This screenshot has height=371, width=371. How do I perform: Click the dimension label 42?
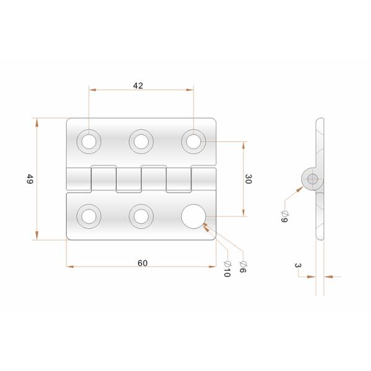(x=138, y=86)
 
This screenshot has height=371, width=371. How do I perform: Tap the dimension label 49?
(x=30, y=179)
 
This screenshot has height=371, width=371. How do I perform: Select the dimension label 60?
(x=142, y=263)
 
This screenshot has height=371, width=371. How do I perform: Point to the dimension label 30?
(x=248, y=179)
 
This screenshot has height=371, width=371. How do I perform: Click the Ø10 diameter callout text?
(x=227, y=269)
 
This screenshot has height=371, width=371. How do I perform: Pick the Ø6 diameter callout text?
(x=243, y=267)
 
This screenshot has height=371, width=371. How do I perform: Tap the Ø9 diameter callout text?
(x=284, y=216)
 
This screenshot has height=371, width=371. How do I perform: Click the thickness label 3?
(x=297, y=265)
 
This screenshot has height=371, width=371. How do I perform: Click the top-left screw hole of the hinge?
(x=89, y=142)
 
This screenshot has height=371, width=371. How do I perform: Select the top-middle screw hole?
(x=141, y=142)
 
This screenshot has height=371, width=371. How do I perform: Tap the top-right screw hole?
(x=194, y=142)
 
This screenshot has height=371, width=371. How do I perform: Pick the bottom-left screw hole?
(x=89, y=216)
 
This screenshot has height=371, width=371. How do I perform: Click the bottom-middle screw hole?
(x=141, y=216)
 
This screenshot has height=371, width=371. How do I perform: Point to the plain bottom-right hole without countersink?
(x=194, y=216)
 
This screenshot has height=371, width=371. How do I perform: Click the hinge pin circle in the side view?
(x=312, y=179)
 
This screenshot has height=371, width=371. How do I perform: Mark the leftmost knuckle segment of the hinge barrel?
(x=79, y=179)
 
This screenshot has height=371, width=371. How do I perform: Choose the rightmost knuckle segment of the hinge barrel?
(x=203, y=179)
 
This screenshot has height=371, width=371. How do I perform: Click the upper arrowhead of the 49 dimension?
(x=36, y=123)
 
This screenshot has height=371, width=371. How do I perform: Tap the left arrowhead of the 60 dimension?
(x=70, y=267)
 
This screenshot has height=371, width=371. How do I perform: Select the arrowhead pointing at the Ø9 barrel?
(x=300, y=189)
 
